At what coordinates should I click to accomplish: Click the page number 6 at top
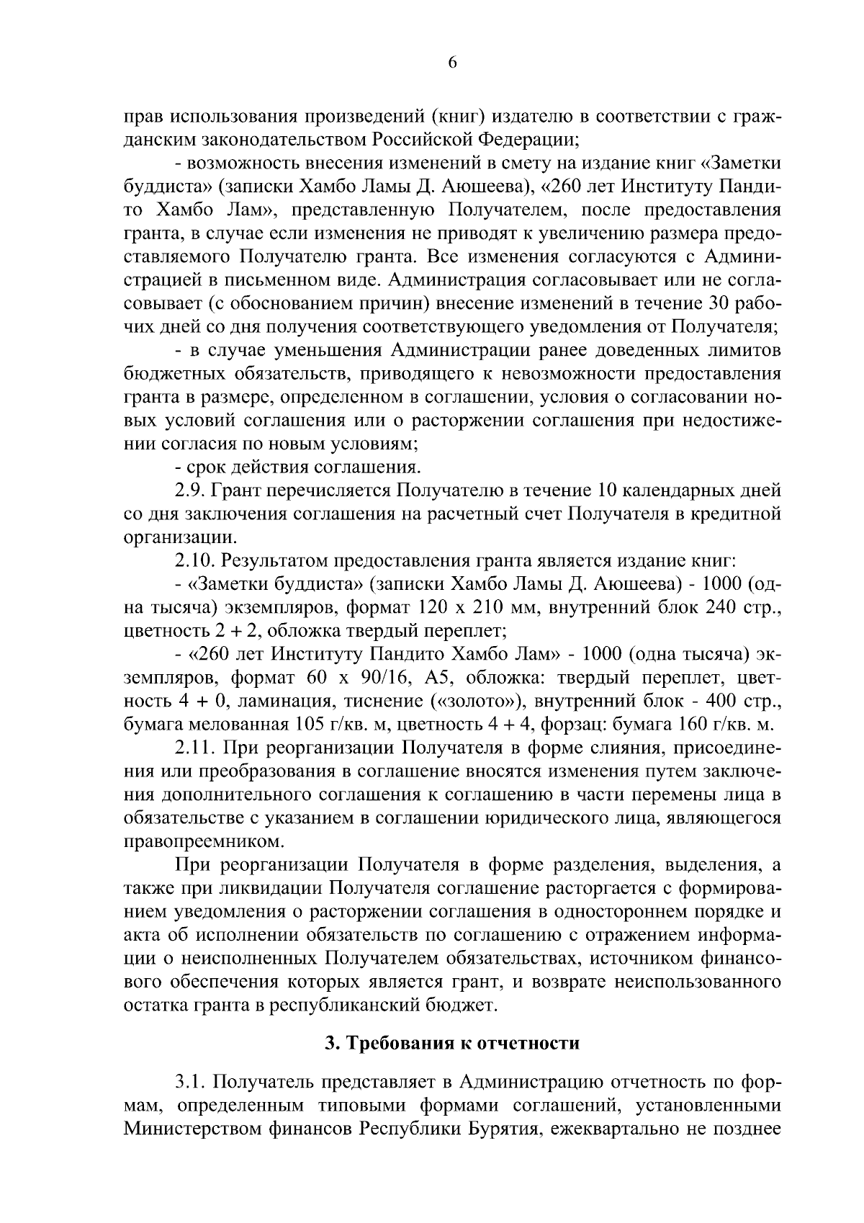pyautogui.click(x=452, y=63)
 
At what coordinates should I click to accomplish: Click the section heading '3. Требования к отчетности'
pyautogui.click(x=452, y=1043)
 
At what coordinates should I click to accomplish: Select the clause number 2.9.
pyautogui.click(x=190, y=491)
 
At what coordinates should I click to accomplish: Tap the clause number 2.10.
pyautogui.click(x=194, y=560)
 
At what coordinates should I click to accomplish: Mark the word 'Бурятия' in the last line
pyautogui.click(x=505, y=1129)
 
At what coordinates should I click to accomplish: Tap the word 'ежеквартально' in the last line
pyautogui.click(x=616, y=1129)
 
